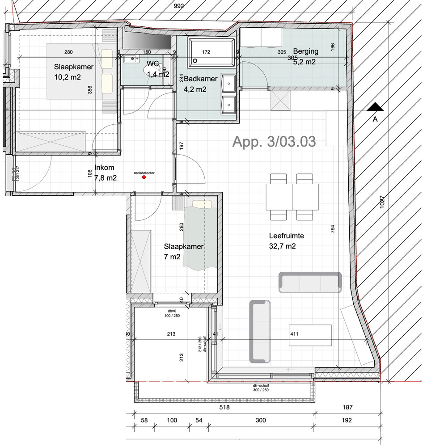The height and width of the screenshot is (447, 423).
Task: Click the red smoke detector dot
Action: [x=144, y=177]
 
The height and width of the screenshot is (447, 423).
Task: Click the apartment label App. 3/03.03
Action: [x=274, y=142]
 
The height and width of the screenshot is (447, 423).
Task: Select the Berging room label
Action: [x=306, y=51]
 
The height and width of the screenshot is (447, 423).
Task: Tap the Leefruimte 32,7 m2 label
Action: [x=282, y=240]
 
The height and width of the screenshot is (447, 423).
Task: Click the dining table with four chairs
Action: [x=292, y=197]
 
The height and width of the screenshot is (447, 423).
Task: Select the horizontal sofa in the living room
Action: [x=310, y=282]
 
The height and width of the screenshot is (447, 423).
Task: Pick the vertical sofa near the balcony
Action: [x=260, y=331]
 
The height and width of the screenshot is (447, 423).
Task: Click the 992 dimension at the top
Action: [x=180, y=6]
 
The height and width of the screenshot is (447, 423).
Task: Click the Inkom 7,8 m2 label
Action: [x=102, y=173]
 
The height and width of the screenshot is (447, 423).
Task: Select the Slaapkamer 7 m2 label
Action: [x=184, y=251]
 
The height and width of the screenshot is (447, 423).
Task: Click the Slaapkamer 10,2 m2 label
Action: [x=73, y=71]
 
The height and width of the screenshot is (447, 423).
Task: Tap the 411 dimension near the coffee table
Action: [x=294, y=333]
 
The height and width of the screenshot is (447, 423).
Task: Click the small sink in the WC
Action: [x=133, y=58]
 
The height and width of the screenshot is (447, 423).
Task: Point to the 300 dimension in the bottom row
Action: [x=261, y=420]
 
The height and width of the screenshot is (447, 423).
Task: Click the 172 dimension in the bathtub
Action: [x=206, y=52]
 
